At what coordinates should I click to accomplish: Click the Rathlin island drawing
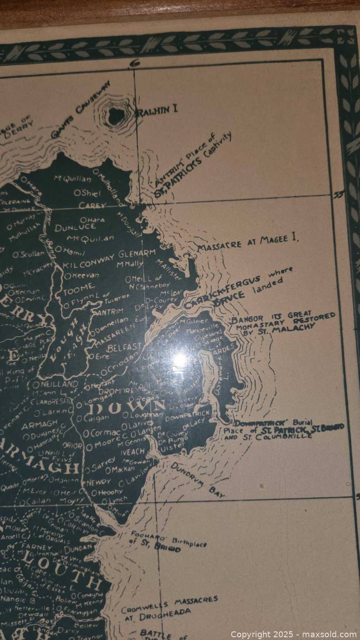tap(116, 114)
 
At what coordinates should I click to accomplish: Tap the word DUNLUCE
tap(75, 227)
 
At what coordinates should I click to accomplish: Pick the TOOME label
tap(80, 288)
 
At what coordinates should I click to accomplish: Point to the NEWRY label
tap(98, 482)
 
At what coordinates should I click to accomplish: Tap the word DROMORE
tap(117, 391)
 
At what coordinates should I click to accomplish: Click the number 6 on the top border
tap(135, 64)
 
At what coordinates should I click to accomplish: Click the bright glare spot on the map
tap(180, 358)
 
